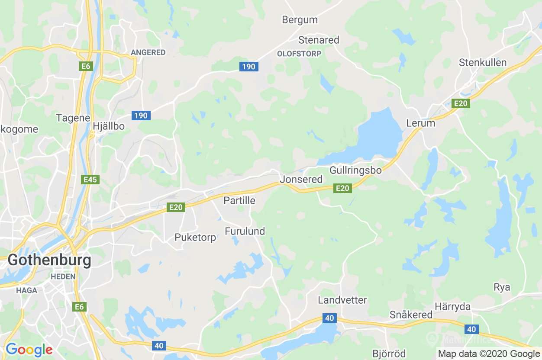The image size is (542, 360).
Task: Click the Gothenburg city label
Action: coord(49,260)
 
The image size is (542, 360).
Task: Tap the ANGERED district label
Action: coord(148,52)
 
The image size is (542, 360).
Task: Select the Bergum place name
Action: coord(300,19)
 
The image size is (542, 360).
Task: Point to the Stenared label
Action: coord(319,40)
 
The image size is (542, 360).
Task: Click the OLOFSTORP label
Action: coord(299,54)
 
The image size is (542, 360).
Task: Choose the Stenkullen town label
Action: coord(483,62)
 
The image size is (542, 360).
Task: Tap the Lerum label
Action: coord(420,123)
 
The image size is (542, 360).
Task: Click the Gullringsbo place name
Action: coord(355,170)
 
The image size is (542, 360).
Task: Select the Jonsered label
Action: coord(301,179)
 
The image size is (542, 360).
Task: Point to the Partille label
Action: coord(239,200)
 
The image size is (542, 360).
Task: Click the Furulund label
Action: coord(245,231)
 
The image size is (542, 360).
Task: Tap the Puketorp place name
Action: coord(195,237)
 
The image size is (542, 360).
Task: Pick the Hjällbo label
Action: coord(109,126)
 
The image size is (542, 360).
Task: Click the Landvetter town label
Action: coord(342,300)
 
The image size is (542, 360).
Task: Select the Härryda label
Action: coord(453,307)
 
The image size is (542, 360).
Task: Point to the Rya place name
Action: coord(502,287)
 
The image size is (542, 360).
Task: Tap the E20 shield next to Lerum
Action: coord(461,103)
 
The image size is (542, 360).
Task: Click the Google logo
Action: coord(29,349)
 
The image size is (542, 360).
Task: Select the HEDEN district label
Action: coord(63,276)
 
